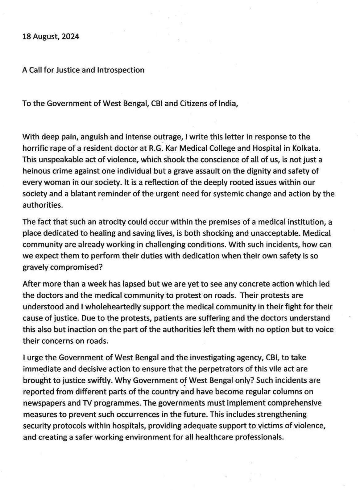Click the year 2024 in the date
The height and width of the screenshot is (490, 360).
click(x=70, y=37)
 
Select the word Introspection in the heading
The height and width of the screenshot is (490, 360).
click(x=121, y=70)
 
